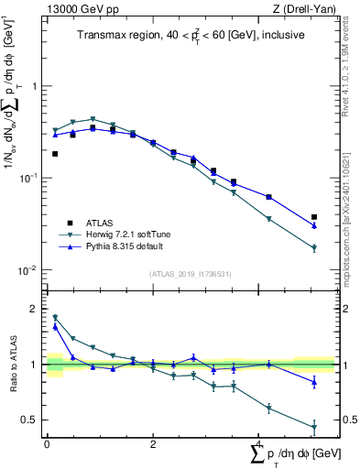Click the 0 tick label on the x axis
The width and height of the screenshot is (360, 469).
tap(46, 443)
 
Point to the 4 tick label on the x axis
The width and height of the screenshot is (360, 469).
tap(258, 443)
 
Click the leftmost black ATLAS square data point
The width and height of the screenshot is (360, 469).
tap(55, 154)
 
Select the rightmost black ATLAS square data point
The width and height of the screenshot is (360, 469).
tap(314, 217)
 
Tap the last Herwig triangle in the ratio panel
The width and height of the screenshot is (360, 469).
tap(314, 427)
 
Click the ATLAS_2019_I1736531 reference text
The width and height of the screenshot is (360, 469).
tap(190, 274)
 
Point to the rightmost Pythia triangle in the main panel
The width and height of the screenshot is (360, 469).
tap(314, 225)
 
